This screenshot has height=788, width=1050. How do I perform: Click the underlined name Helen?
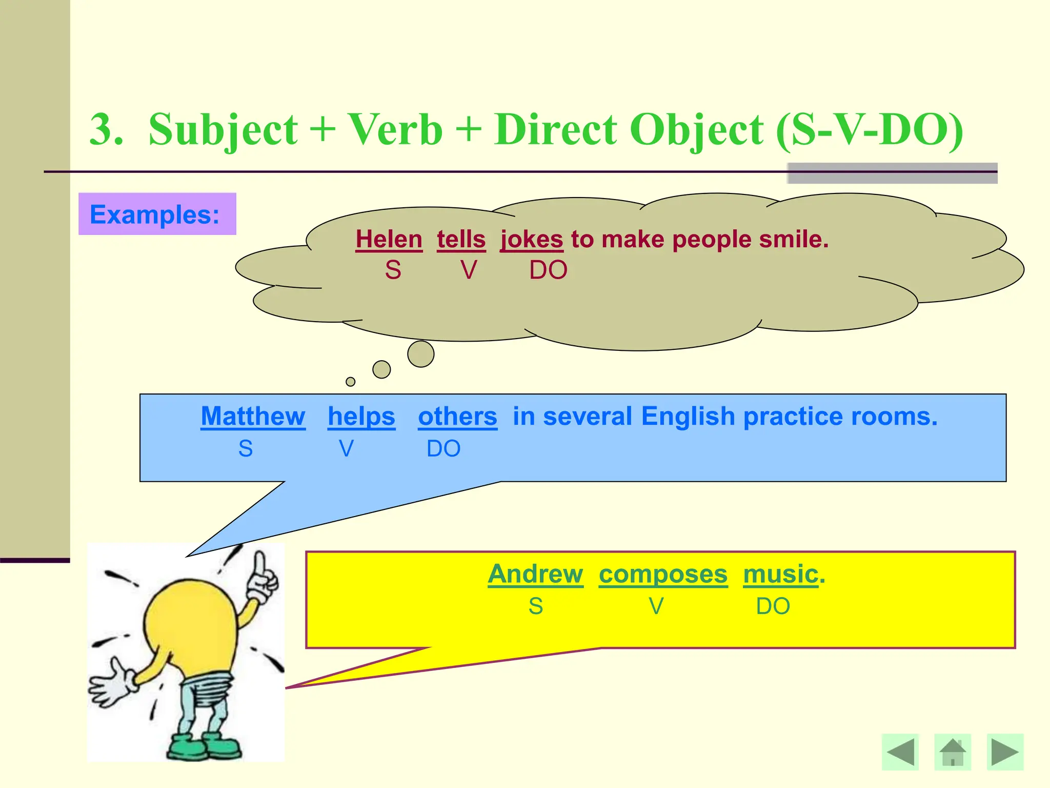point(389,240)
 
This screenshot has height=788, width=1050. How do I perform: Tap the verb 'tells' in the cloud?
point(461,240)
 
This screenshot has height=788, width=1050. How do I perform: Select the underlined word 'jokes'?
point(532,240)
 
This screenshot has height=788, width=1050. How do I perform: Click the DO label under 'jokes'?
point(548,270)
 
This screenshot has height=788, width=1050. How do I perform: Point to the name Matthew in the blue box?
point(253,416)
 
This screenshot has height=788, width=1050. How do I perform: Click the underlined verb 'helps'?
point(361,416)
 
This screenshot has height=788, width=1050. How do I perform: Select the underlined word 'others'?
point(457,416)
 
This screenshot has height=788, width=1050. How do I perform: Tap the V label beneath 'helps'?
point(347,449)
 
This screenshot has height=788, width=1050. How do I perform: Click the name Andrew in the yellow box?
point(535,574)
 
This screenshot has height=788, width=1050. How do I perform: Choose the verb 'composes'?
point(663,574)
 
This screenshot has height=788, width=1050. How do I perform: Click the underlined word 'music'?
point(780,574)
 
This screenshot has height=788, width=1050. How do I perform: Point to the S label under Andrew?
point(536,606)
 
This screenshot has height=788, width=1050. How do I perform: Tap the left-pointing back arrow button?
point(900,752)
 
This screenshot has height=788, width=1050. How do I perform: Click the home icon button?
point(953,752)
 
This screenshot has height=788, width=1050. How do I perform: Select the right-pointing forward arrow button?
point(1005,752)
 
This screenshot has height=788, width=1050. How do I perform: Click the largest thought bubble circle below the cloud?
point(421,354)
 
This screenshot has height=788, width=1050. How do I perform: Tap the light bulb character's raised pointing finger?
point(260,564)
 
